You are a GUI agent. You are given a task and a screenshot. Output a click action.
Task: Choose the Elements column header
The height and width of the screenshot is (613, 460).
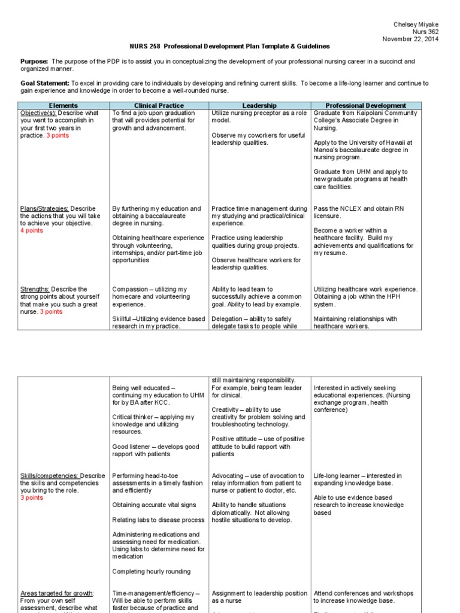point(63,105)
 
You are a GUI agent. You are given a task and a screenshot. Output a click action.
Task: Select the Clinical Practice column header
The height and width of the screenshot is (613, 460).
point(158,105)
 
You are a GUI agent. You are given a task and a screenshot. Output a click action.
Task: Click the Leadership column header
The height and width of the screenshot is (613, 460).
point(259,105)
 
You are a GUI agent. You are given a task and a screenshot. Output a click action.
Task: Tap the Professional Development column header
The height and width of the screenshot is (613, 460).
point(365,105)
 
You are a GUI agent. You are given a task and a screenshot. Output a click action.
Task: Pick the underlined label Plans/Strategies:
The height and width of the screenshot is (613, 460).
point(44,209)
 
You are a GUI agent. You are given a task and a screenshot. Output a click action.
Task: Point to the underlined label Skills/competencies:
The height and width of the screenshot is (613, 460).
point(49,476)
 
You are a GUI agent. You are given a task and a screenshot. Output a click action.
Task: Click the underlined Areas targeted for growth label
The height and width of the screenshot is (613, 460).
point(56,593)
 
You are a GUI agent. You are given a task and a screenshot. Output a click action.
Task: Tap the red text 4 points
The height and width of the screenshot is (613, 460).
point(32,230)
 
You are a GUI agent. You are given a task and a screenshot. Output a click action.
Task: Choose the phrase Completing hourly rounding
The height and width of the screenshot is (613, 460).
point(152,572)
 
